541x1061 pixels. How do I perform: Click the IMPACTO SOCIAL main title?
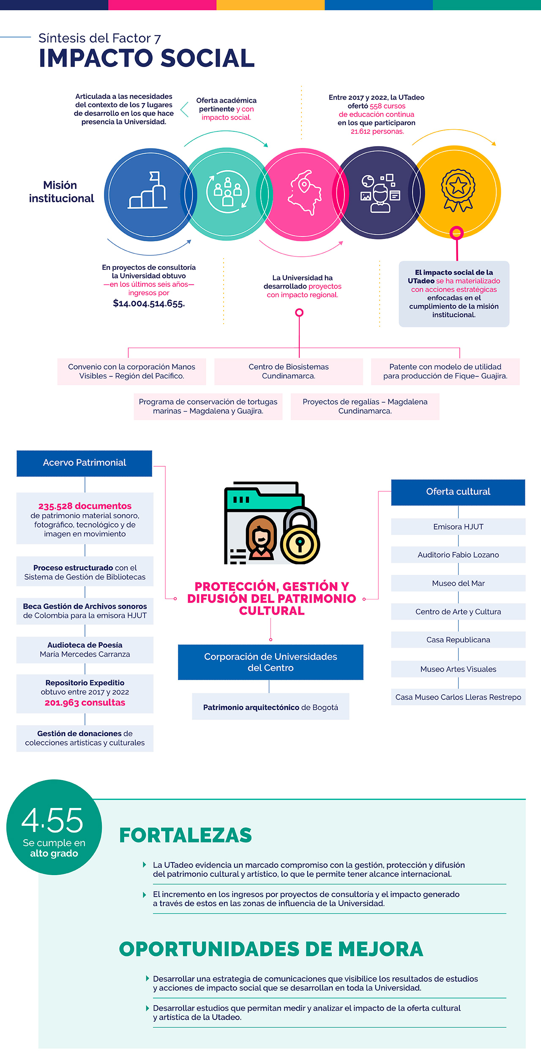click(147, 58)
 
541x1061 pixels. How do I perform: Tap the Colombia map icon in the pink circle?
click(303, 193)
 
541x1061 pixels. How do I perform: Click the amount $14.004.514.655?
click(149, 303)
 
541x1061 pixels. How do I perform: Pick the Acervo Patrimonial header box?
click(85, 463)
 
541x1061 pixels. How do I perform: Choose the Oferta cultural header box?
click(458, 492)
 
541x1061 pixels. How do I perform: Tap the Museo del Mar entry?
click(458, 583)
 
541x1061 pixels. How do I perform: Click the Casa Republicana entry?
click(458, 640)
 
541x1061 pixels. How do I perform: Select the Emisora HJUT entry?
click(458, 527)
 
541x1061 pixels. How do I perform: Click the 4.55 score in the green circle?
click(53, 820)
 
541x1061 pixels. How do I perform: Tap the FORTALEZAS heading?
click(186, 835)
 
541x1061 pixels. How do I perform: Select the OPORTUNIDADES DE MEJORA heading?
click(271, 949)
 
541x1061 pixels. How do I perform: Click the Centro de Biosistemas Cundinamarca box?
click(289, 371)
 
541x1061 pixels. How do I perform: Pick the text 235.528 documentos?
click(85, 506)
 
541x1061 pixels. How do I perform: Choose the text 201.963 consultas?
click(85, 703)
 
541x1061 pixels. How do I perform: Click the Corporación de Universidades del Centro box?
click(270, 662)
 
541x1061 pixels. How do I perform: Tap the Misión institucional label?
click(61, 192)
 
